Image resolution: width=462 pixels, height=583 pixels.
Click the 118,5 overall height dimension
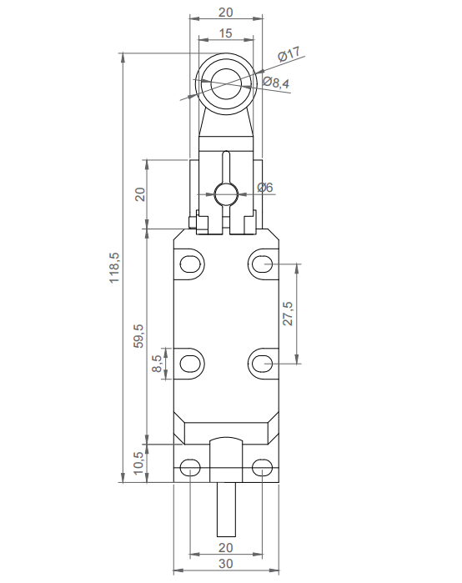point(115,267)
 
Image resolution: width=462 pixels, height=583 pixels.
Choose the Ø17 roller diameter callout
point(288,55)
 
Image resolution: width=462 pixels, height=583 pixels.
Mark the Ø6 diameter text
point(265,188)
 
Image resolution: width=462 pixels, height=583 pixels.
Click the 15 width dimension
point(225,33)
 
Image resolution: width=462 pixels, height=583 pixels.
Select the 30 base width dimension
point(225,565)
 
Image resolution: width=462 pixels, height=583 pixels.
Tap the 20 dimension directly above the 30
point(225,547)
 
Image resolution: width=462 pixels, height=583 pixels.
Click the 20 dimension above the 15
point(225,13)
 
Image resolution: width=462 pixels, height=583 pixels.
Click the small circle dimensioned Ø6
point(225,193)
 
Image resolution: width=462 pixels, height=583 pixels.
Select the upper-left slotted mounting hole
point(191,264)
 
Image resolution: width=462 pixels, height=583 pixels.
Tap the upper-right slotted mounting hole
point(261,264)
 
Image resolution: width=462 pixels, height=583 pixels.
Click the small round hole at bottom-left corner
point(191,467)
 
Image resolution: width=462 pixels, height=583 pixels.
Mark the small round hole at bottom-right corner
point(261,467)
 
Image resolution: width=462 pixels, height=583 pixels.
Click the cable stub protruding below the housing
point(225,510)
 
